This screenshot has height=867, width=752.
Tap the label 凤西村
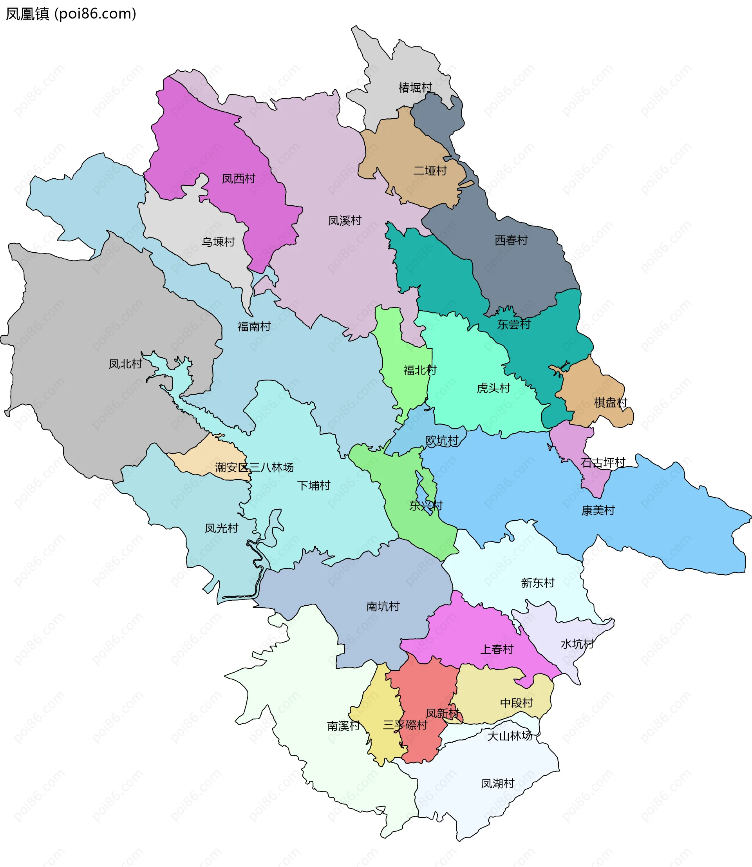[239, 179]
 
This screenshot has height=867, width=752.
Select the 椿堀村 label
[415, 88]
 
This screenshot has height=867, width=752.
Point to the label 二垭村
[430, 171]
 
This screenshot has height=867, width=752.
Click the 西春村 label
[511, 241]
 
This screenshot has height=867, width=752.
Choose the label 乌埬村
[218, 242]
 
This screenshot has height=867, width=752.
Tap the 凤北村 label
[125, 364]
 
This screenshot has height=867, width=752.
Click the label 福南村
[254, 326]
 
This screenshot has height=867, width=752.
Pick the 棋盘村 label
[610, 403]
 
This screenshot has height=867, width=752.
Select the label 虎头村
[493, 388]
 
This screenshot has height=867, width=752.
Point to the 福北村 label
[419, 370]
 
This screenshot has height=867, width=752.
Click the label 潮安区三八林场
[254, 467]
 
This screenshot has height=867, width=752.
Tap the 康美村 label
[598, 511]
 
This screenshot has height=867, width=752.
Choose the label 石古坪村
[603, 463]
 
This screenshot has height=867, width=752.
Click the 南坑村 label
[383, 606]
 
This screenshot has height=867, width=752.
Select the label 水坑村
[577, 644]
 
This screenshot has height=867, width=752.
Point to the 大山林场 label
[510, 736]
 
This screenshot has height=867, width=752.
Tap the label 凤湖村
[497, 784]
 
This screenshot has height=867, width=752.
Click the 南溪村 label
[343, 726]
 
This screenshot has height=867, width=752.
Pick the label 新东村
[537, 583]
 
